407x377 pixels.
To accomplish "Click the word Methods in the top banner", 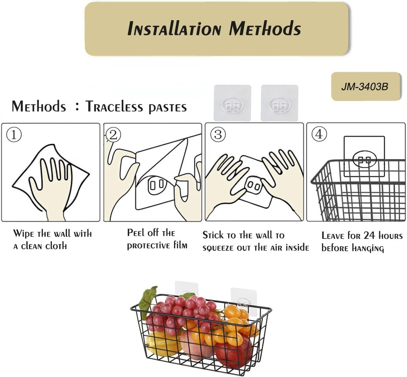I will (265, 29).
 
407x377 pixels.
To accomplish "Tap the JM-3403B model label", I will (364, 87).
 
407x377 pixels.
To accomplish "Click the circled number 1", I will (14, 135).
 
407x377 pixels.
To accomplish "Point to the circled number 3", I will (217, 135).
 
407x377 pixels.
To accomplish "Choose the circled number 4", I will (319, 135).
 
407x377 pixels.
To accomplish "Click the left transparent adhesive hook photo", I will (232, 103).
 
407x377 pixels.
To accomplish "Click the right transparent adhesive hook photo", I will (279, 103).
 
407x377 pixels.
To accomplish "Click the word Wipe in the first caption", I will (23, 233).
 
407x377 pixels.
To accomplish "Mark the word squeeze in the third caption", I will (219, 248).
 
